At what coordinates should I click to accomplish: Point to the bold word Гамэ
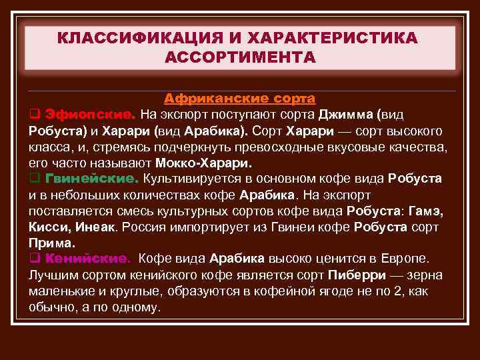(x=428, y=211)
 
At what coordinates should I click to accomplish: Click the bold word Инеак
(x=95, y=227)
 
